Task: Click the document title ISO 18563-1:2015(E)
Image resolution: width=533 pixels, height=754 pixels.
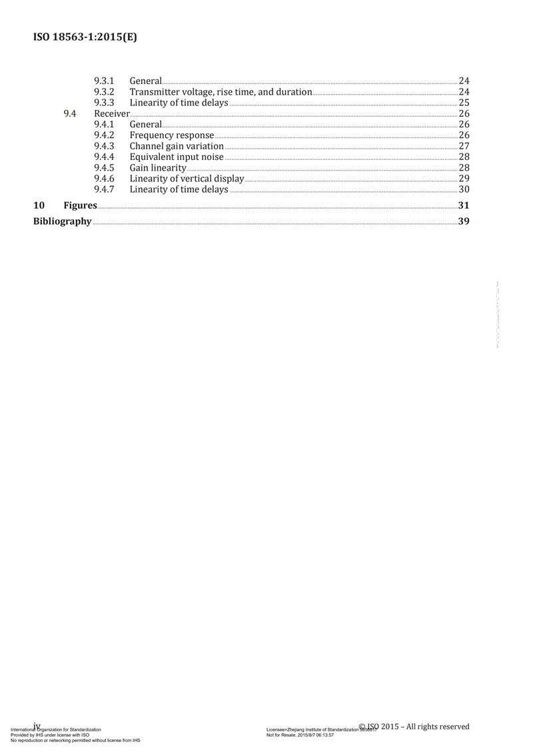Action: (x=85, y=37)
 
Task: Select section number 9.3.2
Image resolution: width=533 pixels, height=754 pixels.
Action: (x=104, y=92)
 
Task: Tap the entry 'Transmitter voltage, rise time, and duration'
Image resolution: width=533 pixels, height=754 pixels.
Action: (x=221, y=92)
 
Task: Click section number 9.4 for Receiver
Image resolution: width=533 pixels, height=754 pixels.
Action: (x=69, y=113)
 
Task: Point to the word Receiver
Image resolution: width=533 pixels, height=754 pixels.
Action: (x=111, y=113)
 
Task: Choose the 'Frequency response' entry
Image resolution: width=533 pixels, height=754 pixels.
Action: (x=172, y=135)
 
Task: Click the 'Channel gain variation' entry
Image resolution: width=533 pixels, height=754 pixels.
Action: (x=177, y=146)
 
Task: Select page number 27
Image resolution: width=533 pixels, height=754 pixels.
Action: (x=464, y=146)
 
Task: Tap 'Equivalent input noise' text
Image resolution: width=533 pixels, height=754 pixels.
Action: (x=177, y=157)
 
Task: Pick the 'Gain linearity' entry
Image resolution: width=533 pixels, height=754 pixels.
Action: (x=158, y=168)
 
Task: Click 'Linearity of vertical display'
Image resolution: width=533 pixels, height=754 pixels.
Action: (x=187, y=179)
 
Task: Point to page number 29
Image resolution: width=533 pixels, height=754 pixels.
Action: (x=464, y=179)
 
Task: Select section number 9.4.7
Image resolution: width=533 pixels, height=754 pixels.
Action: (x=104, y=189)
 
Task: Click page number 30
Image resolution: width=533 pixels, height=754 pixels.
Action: (x=464, y=189)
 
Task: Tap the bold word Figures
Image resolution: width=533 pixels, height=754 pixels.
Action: (x=80, y=205)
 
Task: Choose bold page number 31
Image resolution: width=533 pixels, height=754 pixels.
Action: (x=464, y=205)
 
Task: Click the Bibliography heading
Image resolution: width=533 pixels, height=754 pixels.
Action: (x=62, y=221)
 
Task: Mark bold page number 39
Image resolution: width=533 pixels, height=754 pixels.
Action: (x=464, y=221)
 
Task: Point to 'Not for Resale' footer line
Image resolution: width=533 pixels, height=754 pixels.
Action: (x=300, y=735)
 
